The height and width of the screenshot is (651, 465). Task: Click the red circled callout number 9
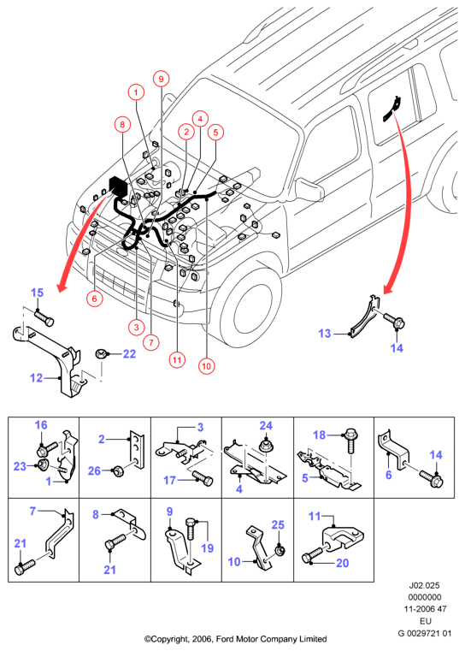point(162,79)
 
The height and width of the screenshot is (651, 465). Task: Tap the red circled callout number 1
point(136,92)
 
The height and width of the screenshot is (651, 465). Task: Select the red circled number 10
point(206,366)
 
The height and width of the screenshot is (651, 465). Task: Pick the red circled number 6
point(95,299)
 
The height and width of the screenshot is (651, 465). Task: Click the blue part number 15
point(37,293)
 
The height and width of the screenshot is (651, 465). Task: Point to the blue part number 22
point(129,354)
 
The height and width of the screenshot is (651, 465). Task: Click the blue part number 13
point(325,334)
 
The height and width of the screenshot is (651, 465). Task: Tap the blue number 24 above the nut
point(266,425)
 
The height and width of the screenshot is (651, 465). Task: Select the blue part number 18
point(319,435)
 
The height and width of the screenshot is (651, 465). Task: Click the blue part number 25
point(278,524)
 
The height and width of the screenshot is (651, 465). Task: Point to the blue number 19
point(207,548)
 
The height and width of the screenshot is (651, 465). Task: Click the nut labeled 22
point(101,354)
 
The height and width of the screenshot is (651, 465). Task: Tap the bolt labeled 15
point(44,318)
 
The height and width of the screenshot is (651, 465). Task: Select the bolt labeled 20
point(314,554)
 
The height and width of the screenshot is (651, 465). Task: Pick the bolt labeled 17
point(203,478)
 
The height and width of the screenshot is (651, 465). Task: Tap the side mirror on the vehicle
point(310,188)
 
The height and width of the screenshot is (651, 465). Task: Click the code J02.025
point(424,585)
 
